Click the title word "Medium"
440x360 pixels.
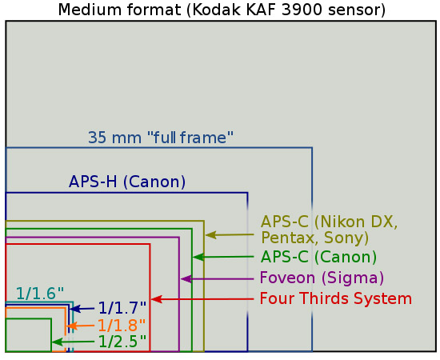point(90,10)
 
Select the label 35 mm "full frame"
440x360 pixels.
point(161,138)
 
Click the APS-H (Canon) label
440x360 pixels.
point(127,182)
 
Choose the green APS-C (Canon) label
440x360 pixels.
point(318,257)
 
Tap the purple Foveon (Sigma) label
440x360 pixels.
point(322,278)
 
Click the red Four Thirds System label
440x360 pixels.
point(336,298)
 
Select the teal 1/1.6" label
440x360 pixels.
point(40,294)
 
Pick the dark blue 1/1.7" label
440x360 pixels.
point(122,308)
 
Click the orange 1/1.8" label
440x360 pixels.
point(122,326)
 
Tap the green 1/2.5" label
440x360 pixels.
point(122,342)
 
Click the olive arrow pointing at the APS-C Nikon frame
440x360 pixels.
point(230,235)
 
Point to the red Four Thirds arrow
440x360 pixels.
point(202,299)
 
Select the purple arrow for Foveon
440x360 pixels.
point(218,279)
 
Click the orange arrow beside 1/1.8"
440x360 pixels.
point(80,326)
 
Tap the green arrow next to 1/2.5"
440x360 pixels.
point(74,342)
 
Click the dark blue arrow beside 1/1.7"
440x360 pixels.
point(82,309)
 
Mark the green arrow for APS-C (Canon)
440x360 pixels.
point(224,257)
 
